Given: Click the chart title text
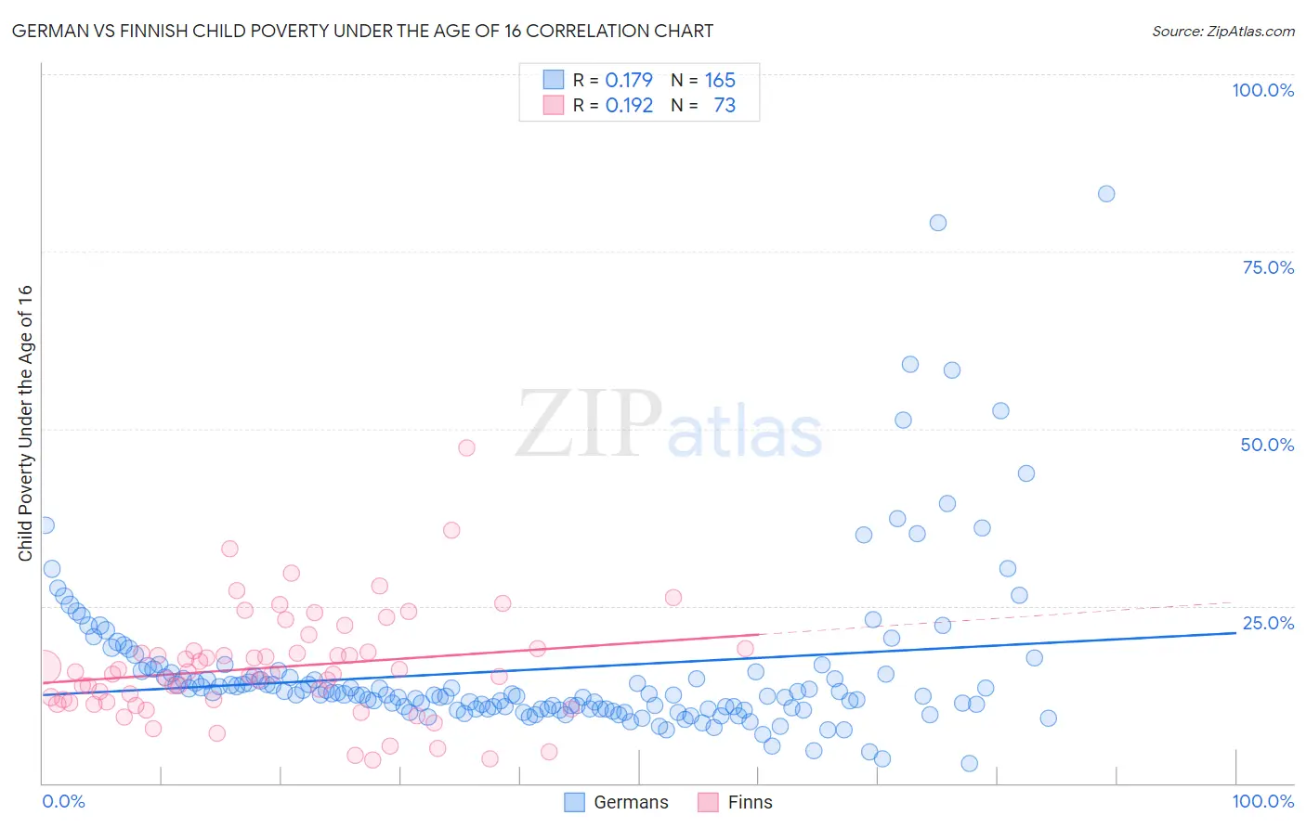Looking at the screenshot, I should pos(362,31).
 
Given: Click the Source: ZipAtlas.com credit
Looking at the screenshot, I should pos(1222,31).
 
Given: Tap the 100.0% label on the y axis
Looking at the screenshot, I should pos(1262,90).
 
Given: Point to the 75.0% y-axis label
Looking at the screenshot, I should pos(1268,267).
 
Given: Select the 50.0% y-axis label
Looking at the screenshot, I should pos(1267,445).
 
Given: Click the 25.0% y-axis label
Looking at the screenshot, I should pos(1268,622).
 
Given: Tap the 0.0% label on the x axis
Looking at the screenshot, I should pos(63,801).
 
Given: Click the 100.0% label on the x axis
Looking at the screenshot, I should pos(1262,801).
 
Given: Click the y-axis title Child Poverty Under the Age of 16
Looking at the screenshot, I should pos(26,422).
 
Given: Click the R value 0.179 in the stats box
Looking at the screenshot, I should pos(629,80).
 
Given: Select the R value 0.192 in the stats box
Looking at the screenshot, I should pos(629,105).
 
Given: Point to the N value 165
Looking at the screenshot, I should pos(720,80).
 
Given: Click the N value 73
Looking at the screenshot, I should pos(725,105).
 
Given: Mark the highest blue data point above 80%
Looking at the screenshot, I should pos(1105,194).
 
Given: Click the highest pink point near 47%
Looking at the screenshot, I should pos(466,447).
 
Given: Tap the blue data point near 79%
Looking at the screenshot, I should pos(937,223).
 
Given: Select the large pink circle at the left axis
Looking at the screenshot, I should pos(44,666).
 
